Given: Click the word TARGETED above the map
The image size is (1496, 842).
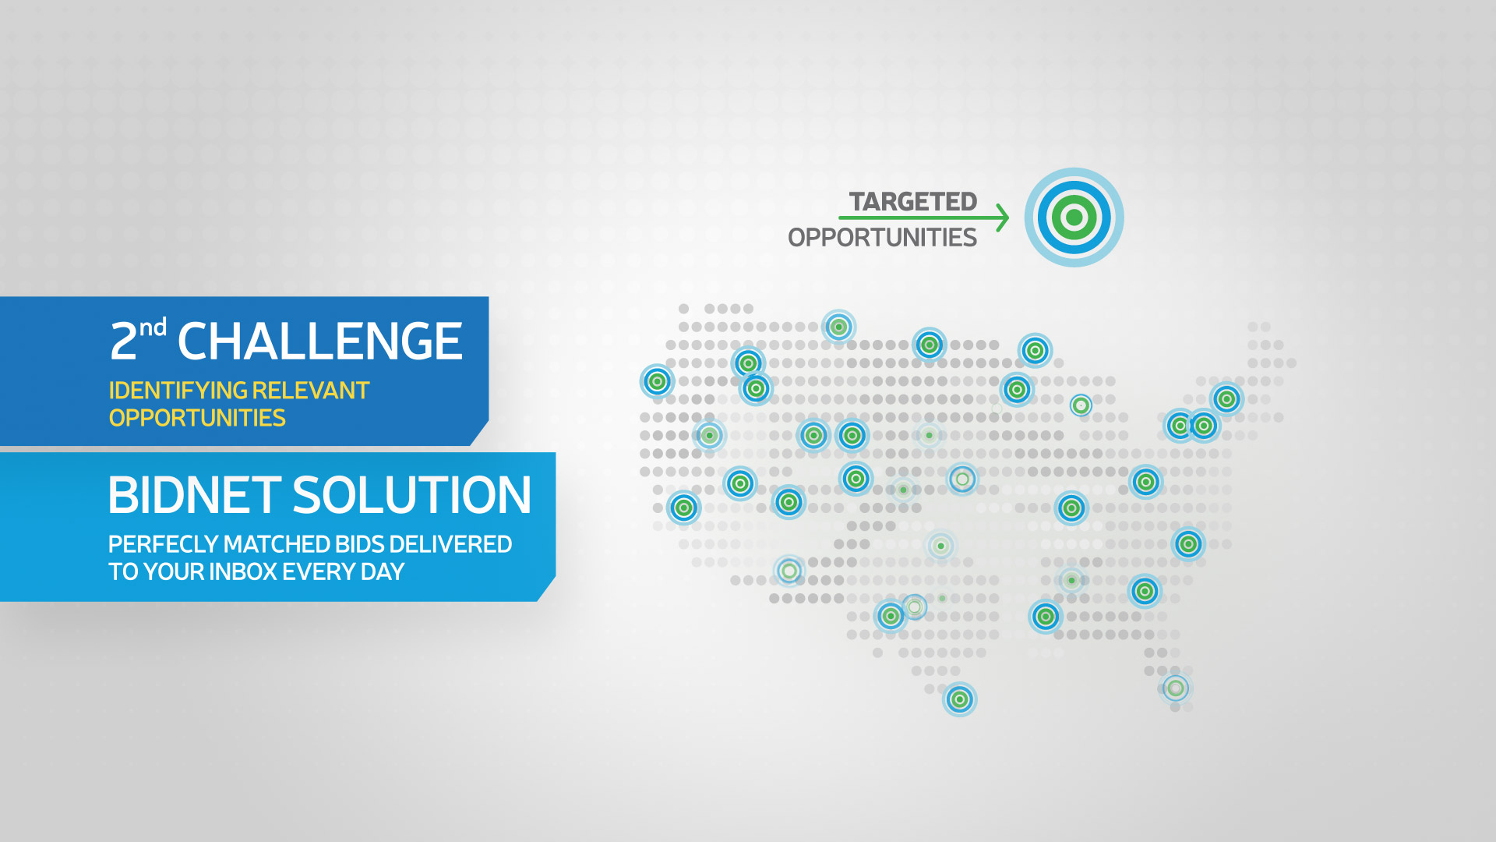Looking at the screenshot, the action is [912, 202].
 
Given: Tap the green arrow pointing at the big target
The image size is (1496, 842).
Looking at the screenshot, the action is [924, 218].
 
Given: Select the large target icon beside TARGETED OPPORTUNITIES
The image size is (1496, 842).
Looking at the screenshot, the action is [1074, 218].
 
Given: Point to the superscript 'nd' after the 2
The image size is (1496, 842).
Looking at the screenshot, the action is [153, 327].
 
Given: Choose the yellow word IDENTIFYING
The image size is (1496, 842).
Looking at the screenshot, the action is [177, 391].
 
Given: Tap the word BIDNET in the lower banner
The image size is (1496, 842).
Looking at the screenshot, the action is [195, 495].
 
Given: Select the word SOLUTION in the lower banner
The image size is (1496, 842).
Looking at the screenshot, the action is [412, 495].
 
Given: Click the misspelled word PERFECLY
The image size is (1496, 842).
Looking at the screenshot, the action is [164, 544].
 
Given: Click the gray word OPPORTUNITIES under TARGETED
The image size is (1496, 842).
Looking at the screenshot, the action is [882, 237].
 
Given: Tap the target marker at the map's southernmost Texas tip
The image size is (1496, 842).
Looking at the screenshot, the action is [960, 699].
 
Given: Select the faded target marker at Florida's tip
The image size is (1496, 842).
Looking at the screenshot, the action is [1176, 688].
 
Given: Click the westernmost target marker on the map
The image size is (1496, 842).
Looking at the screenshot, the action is [658, 381].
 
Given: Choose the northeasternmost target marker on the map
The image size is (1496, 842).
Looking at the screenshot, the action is [1226, 399].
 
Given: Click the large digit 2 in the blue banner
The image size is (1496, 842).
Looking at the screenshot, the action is [123, 341].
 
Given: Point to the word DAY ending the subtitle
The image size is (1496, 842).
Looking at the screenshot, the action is [383, 571].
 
